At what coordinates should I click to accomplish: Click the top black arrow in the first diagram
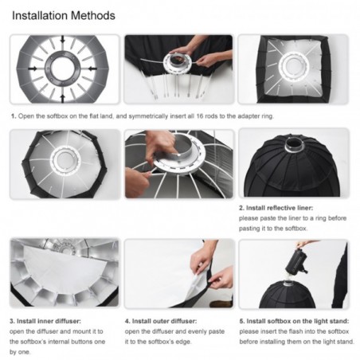pyautogui.click(x=62, y=39)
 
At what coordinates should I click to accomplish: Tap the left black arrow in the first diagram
pyautogui.click(x=33, y=68)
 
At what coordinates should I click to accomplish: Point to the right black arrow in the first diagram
pyautogui.click(x=92, y=68)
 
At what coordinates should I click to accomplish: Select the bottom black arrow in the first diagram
pyautogui.click(x=63, y=98)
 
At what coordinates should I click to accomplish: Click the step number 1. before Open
pyautogui.click(x=14, y=116)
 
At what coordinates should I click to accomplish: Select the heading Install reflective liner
pyautogui.click(x=280, y=208)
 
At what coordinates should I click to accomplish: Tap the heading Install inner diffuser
pyautogui.click(x=49, y=321)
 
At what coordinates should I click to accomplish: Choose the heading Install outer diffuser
pyautogui.click(x=164, y=321)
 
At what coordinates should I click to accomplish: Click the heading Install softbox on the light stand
pyautogui.click(x=298, y=321)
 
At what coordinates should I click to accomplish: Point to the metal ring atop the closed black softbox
pyautogui.click(x=294, y=144)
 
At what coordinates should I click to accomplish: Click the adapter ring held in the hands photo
pyautogui.click(x=178, y=62)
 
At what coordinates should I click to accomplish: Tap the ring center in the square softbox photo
pyautogui.click(x=294, y=65)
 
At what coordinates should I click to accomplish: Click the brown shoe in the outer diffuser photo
pyautogui.click(x=220, y=303)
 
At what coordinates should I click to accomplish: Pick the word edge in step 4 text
pyautogui.click(x=182, y=342)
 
